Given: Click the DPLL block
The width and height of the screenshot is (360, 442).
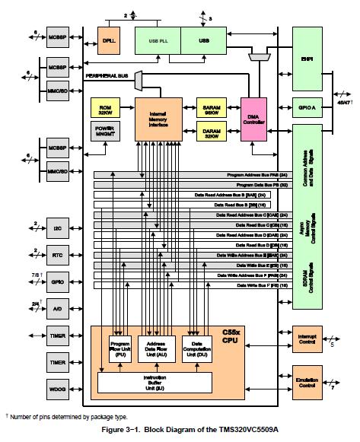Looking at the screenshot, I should click(107, 40).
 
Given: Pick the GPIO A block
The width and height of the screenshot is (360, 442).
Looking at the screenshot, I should click(307, 109).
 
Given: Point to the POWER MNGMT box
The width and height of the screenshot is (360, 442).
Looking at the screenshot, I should click(104, 132).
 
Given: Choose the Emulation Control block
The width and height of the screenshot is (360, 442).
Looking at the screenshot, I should click(307, 380).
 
